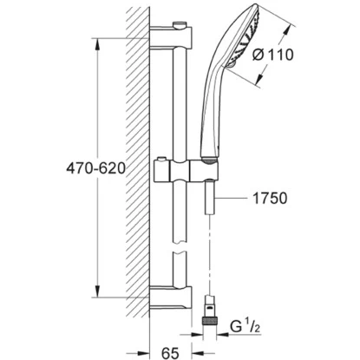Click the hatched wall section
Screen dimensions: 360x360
coord(134,173)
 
